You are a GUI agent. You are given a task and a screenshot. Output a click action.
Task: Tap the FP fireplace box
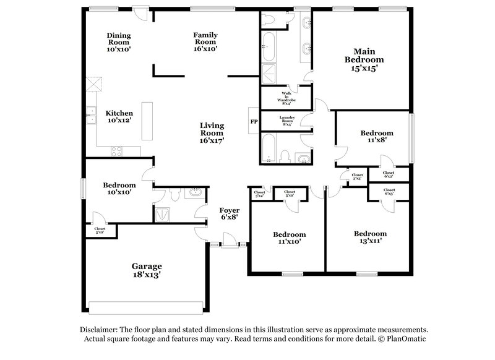point(254,121)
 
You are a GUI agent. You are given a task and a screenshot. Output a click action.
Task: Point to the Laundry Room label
point(288,121)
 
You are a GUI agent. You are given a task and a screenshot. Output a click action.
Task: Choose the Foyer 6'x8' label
point(230,213)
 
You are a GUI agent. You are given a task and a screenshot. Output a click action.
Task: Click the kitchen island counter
point(147,121)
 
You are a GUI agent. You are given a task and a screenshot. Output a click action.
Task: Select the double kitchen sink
point(91,116)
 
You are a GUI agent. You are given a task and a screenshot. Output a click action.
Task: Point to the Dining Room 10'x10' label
point(118,41)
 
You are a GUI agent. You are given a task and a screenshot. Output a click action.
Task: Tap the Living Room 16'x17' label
point(212,132)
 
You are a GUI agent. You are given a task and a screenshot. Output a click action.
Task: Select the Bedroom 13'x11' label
point(370,238)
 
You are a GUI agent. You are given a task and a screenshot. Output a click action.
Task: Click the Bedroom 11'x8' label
point(377,137)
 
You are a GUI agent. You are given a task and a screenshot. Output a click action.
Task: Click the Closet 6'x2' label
point(389,174)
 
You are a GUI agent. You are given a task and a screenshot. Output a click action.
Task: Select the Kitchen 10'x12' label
point(118,117)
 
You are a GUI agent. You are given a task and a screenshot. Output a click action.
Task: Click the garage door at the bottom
point(145,307)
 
